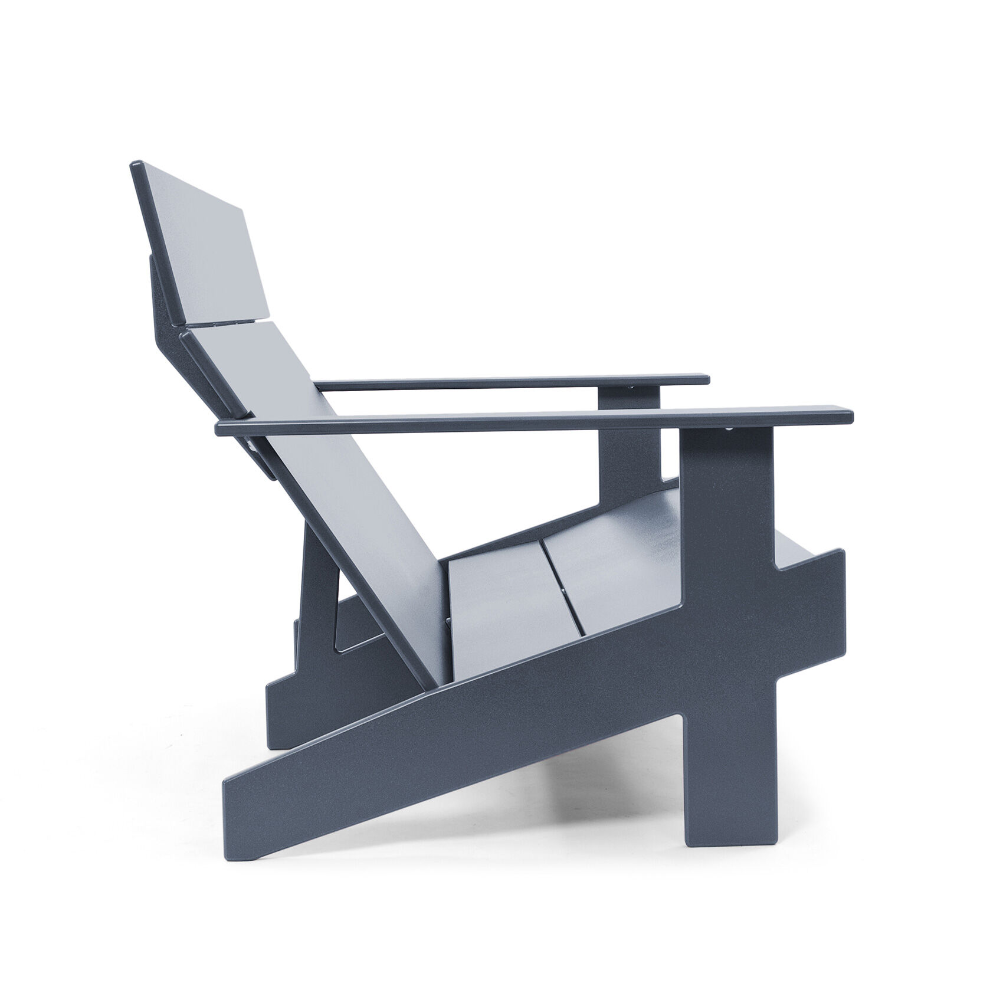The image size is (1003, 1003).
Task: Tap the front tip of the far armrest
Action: coord(707,378)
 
